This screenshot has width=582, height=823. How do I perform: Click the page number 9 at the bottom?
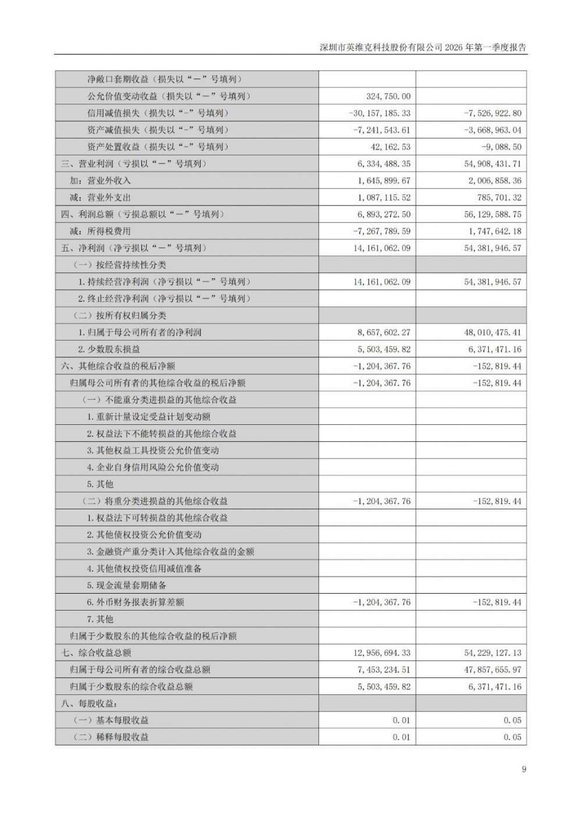(524, 769)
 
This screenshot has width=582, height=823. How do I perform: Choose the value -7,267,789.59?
(381, 232)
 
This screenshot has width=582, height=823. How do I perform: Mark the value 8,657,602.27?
(384, 333)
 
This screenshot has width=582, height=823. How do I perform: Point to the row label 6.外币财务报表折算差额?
(136, 602)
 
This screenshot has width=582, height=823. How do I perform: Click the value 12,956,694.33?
(381, 653)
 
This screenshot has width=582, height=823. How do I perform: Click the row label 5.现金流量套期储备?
(127, 586)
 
